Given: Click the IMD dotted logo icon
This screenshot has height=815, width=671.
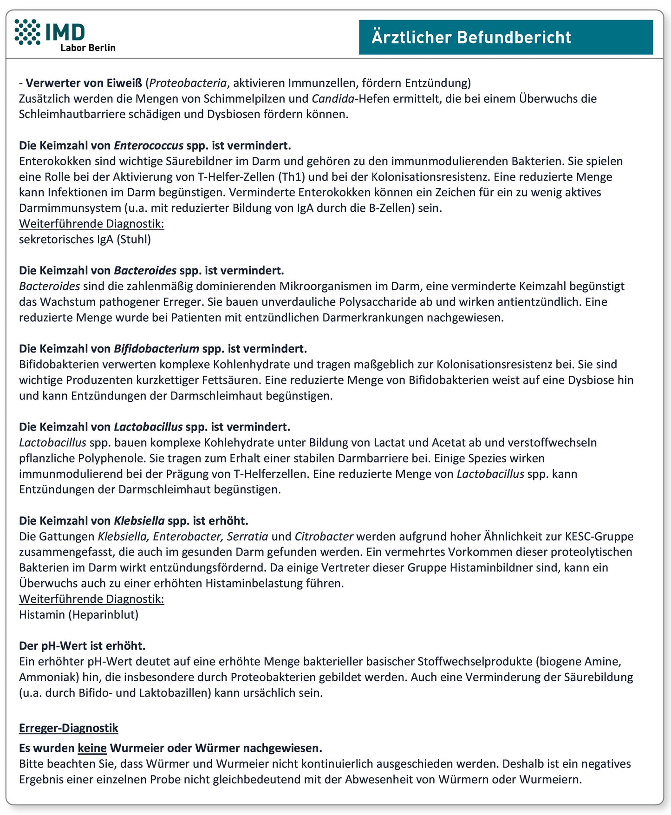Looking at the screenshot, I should tap(27, 32).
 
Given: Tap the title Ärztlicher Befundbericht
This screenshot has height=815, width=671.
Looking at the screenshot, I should tap(471, 38).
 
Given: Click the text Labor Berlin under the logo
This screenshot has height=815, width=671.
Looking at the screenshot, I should tap(88, 48).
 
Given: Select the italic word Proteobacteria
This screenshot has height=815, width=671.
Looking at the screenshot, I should tap(188, 83).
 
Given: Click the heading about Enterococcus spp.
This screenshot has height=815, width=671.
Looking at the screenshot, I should tap(155, 146).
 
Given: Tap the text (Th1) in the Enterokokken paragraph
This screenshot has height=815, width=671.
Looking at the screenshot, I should tap(293, 177).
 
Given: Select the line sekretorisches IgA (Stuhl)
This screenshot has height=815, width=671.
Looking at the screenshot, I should tap(85, 240).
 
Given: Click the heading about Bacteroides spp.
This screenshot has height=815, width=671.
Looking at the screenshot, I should tap(151, 271).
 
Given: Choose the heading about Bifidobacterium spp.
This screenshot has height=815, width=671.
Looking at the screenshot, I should tap(163, 349).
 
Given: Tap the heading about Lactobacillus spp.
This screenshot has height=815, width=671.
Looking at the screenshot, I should tap(155, 427).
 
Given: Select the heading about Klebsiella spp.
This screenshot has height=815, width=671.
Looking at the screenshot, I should tap(134, 521).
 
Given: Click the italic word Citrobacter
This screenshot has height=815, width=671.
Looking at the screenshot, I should tap(324, 536).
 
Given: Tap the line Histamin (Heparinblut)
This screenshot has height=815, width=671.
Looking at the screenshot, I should tap(79, 615).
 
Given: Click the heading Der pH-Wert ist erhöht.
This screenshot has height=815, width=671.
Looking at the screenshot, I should tap(82, 646).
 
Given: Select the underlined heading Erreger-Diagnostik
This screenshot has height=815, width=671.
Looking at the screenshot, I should tap(69, 728).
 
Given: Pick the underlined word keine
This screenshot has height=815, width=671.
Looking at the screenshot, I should tap(92, 748).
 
